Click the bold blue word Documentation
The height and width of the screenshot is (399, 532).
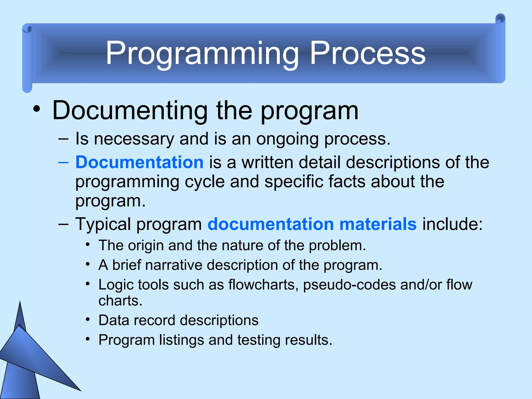pyautogui.click(x=139, y=162)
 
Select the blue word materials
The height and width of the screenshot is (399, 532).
pyautogui.click(x=378, y=224)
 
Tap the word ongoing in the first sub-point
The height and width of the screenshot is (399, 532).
pyautogui.click(x=287, y=139)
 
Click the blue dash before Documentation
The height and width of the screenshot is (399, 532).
pyautogui.click(x=63, y=163)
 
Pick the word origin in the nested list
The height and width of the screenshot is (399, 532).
pyautogui.click(x=145, y=245)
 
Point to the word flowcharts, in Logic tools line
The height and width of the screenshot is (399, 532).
pyautogui.click(x=263, y=285)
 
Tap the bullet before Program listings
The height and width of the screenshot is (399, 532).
pyautogui.click(x=88, y=339)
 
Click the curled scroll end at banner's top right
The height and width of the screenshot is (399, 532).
pyautogui.click(x=500, y=19)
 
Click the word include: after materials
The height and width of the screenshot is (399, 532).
pyautogui.click(x=452, y=224)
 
